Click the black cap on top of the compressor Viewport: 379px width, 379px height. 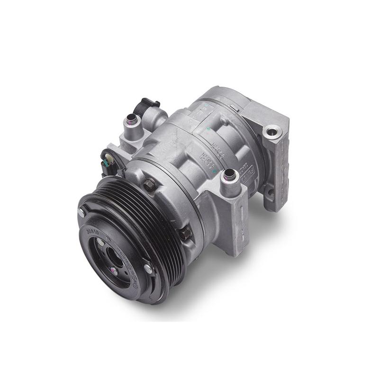tap(151, 103)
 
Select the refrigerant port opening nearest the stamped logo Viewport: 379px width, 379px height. tap(229, 175)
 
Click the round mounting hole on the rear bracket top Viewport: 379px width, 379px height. tap(273, 131)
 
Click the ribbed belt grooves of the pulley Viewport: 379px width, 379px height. tap(156, 223)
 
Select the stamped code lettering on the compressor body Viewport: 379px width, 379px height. tap(219, 153)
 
